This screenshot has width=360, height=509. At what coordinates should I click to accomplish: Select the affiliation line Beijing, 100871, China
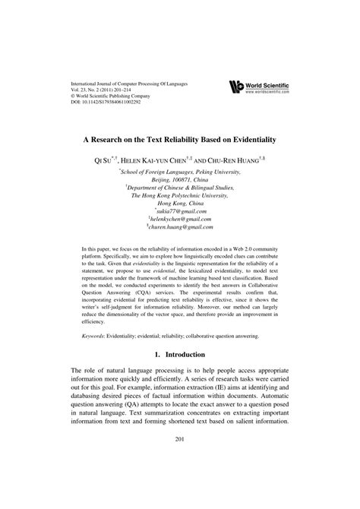pos(180,182)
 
